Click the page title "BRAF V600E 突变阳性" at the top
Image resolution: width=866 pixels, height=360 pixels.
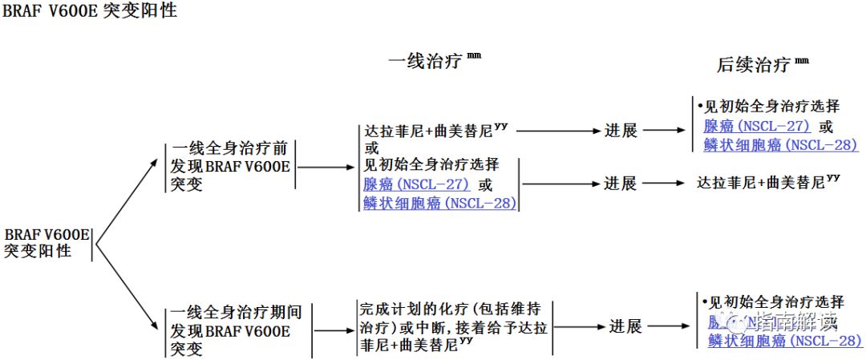click(x=89, y=12)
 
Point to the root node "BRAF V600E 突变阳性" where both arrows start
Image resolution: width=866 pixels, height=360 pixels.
click(x=46, y=242)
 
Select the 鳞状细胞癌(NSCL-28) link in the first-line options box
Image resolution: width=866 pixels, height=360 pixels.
click(x=439, y=203)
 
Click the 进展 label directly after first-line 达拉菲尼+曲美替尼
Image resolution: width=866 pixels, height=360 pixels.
click(x=620, y=131)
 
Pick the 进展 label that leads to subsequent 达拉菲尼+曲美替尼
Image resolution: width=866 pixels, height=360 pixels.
click(x=620, y=184)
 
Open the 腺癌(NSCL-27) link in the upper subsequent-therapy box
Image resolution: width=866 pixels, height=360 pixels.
click(x=757, y=127)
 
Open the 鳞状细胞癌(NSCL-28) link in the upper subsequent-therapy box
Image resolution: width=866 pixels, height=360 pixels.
click(x=780, y=145)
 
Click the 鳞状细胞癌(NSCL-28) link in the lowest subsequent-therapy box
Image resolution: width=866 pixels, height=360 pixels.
click(x=785, y=342)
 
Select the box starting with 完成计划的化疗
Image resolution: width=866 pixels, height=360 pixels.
click(x=453, y=327)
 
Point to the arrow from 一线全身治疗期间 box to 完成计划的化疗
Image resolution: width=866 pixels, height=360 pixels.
click(x=334, y=330)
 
